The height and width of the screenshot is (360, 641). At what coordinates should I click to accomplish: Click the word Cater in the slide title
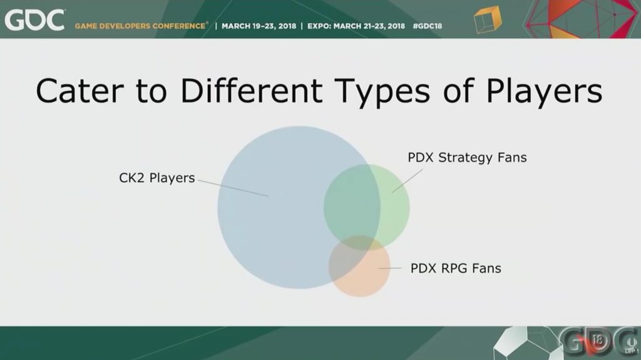(x=79, y=90)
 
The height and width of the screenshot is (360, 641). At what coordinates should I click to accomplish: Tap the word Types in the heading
(x=381, y=93)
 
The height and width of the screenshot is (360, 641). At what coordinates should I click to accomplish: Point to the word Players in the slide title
(x=544, y=93)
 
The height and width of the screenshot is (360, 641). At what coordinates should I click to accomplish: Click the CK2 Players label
(x=157, y=178)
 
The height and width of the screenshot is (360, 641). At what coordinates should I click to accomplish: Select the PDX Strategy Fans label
(x=467, y=158)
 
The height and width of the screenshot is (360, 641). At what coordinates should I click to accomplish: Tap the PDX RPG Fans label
(x=456, y=269)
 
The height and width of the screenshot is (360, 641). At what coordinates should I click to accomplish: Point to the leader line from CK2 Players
(x=233, y=188)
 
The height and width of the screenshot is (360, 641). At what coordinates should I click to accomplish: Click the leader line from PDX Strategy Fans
(x=407, y=181)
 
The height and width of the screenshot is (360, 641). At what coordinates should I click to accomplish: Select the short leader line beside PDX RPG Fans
(x=389, y=269)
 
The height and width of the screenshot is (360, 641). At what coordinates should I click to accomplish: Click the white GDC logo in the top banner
(x=34, y=21)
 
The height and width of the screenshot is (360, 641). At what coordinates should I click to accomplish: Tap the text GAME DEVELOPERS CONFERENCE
(x=140, y=26)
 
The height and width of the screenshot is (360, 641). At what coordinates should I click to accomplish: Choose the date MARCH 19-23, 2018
(x=259, y=26)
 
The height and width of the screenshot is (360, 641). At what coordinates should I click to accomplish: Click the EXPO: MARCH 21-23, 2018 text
(x=356, y=26)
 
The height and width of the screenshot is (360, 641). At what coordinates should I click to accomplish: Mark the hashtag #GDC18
(x=428, y=26)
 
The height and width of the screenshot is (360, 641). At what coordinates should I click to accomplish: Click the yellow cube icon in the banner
(x=487, y=19)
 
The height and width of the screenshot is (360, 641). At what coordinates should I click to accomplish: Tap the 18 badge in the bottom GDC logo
(x=598, y=341)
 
